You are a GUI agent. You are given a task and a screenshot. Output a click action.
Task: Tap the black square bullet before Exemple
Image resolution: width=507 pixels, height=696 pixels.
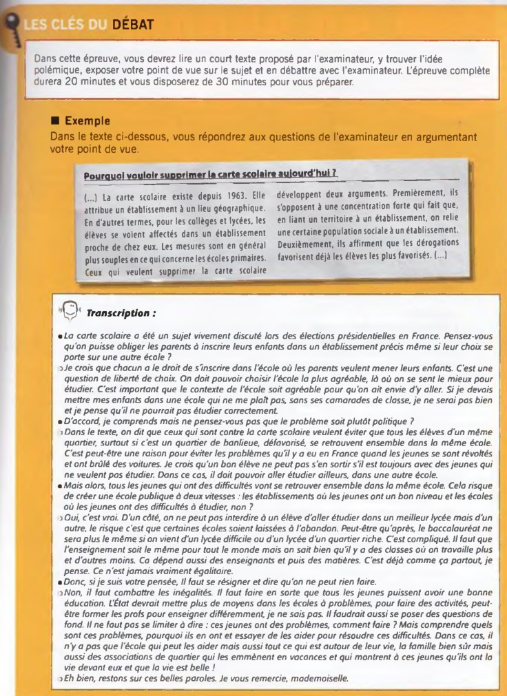coord(56,121)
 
